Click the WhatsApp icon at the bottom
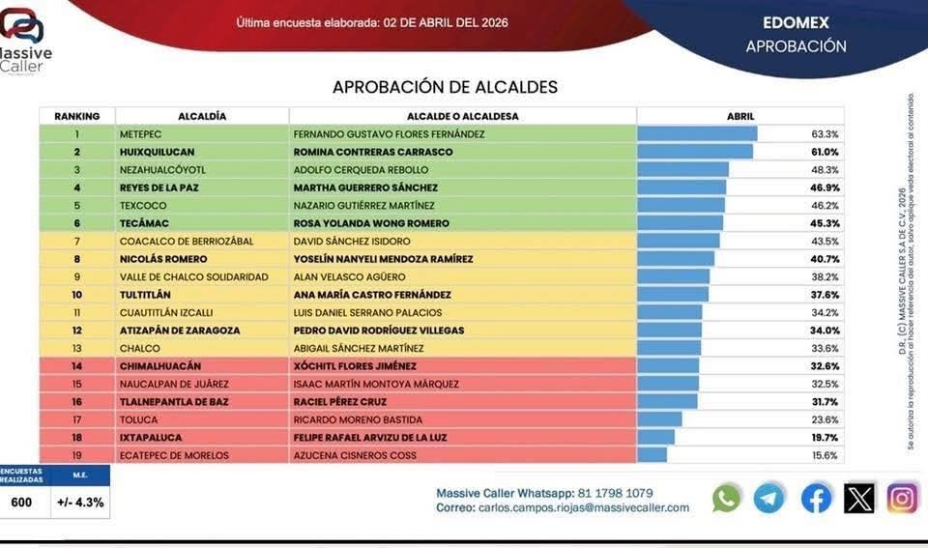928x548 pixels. coord(727,498)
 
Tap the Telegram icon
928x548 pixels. coord(769,498)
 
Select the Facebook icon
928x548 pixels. coord(816,498)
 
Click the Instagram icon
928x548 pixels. coord(902,498)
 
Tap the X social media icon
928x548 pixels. coord(858,498)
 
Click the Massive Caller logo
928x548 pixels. coord(25,39)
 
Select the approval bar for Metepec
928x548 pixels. coord(697,134)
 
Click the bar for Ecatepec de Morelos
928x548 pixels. coord(652,455)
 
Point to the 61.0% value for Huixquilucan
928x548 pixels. coord(825,152)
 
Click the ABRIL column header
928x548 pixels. coord(740,116)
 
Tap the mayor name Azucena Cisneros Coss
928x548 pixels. coord(354,455)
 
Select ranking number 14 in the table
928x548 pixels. coord(77,366)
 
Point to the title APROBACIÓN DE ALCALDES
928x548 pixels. coord(445,87)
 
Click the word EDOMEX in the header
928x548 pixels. coord(795,22)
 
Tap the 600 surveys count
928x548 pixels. coord(21,503)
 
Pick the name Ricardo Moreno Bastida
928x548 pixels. coord(358,419)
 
